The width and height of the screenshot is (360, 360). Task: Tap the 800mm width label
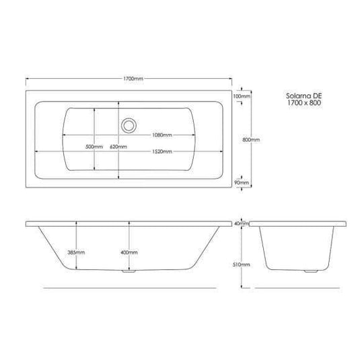click(x=251, y=139)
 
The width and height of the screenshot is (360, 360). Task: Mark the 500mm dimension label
click(x=94, y=146)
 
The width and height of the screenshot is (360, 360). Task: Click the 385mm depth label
click(x=76, y=252)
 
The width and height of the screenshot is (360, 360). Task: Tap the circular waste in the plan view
click(x=129, y=124)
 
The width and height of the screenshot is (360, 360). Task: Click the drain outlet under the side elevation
click(x=129, y=273)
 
